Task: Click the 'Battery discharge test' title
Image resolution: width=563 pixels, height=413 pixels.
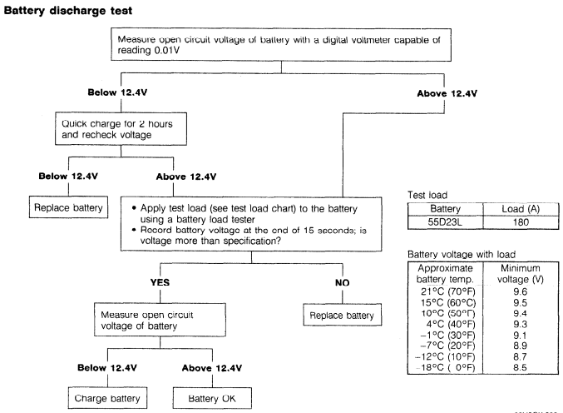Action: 68,11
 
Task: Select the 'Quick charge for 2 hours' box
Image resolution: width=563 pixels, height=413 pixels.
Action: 121,129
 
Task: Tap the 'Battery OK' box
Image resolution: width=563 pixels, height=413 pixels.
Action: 212,398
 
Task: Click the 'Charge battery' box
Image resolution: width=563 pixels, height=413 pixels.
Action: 107,398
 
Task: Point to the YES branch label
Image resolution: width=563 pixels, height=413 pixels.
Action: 160,282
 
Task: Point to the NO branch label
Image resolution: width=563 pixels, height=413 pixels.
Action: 342,282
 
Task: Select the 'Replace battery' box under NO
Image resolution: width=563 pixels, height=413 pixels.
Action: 342,315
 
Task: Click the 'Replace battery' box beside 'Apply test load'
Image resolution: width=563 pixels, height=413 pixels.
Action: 68,207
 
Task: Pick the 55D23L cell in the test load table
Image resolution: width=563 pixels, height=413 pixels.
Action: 445,222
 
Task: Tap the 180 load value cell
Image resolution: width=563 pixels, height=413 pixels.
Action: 521,222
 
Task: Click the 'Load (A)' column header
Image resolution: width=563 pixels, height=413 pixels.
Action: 521,209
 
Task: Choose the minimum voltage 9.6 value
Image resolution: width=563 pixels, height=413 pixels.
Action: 521,291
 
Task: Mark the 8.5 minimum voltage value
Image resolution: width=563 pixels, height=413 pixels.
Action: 520,367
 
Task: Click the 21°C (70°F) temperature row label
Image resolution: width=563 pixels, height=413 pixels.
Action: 448,291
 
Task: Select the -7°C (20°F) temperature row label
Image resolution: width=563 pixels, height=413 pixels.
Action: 447,346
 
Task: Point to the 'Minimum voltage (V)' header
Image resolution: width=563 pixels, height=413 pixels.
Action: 521,274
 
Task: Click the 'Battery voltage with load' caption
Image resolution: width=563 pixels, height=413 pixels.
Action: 462,255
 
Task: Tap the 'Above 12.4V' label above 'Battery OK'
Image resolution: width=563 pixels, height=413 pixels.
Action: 212,368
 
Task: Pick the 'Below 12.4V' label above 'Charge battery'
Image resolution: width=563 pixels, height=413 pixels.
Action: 107,368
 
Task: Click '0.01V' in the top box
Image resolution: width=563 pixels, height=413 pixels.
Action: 167,50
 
